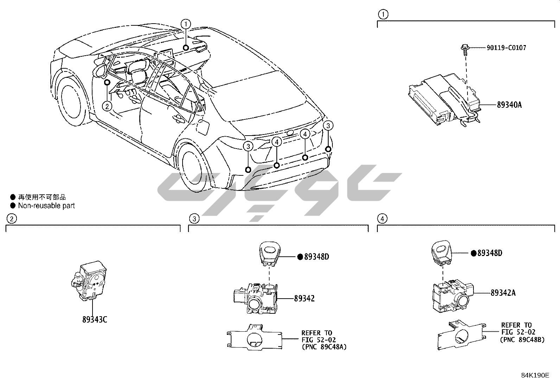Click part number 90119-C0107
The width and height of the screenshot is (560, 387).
[x=506, y=48]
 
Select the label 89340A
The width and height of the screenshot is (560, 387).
[x=509, y=105]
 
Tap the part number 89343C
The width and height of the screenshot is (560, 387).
[x=95, y=319]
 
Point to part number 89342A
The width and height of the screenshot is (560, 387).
[x=503, y=293]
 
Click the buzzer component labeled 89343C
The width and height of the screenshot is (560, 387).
[x=89, y=282]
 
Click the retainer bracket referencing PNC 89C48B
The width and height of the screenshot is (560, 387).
[x=459, y=335]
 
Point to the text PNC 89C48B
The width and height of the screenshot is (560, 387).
[x=522, y=339]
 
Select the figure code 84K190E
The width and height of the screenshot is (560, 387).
[x=535, y=375]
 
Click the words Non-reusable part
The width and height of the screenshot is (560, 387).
[x=46, y=206]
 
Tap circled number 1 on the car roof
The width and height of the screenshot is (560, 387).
[x=186, y=24]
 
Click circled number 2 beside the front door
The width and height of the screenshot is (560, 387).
[x=107, y=106]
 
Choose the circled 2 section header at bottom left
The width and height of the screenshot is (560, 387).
[x=12, y=219]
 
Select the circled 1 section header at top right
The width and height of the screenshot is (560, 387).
[x=383, y=14]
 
